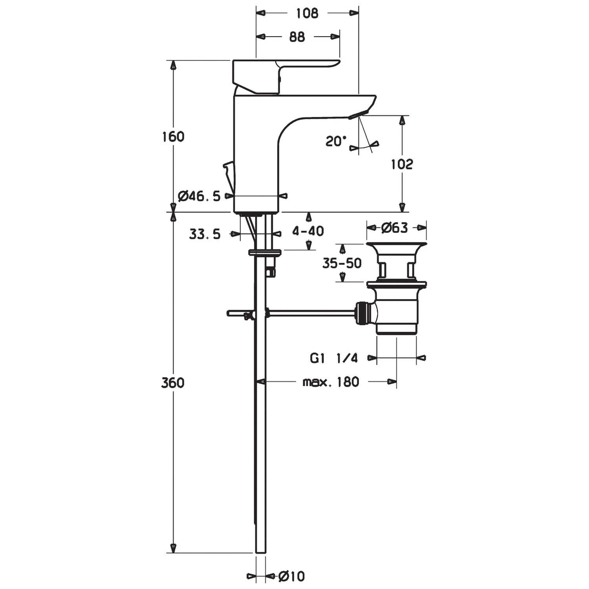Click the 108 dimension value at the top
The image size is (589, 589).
coord(307,13)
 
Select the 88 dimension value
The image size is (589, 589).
coord(297,37)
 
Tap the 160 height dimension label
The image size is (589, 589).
coord(173,137)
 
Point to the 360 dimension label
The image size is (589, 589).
coord(173,382)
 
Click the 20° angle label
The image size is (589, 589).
coord(336,141)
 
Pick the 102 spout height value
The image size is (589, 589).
coord(402,164)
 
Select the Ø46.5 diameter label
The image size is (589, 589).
coord(199,196)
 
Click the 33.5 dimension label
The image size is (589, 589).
coord(205,234)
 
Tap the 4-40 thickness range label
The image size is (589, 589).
coord(308,231)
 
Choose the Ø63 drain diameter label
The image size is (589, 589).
coord(395,227)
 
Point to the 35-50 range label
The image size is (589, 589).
coord(342,263)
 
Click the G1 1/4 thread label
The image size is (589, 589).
coord(334,358)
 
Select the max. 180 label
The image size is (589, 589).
coord(331,382)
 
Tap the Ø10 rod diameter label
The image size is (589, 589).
coord(291,576)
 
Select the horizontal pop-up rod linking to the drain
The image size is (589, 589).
coord(310,313)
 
